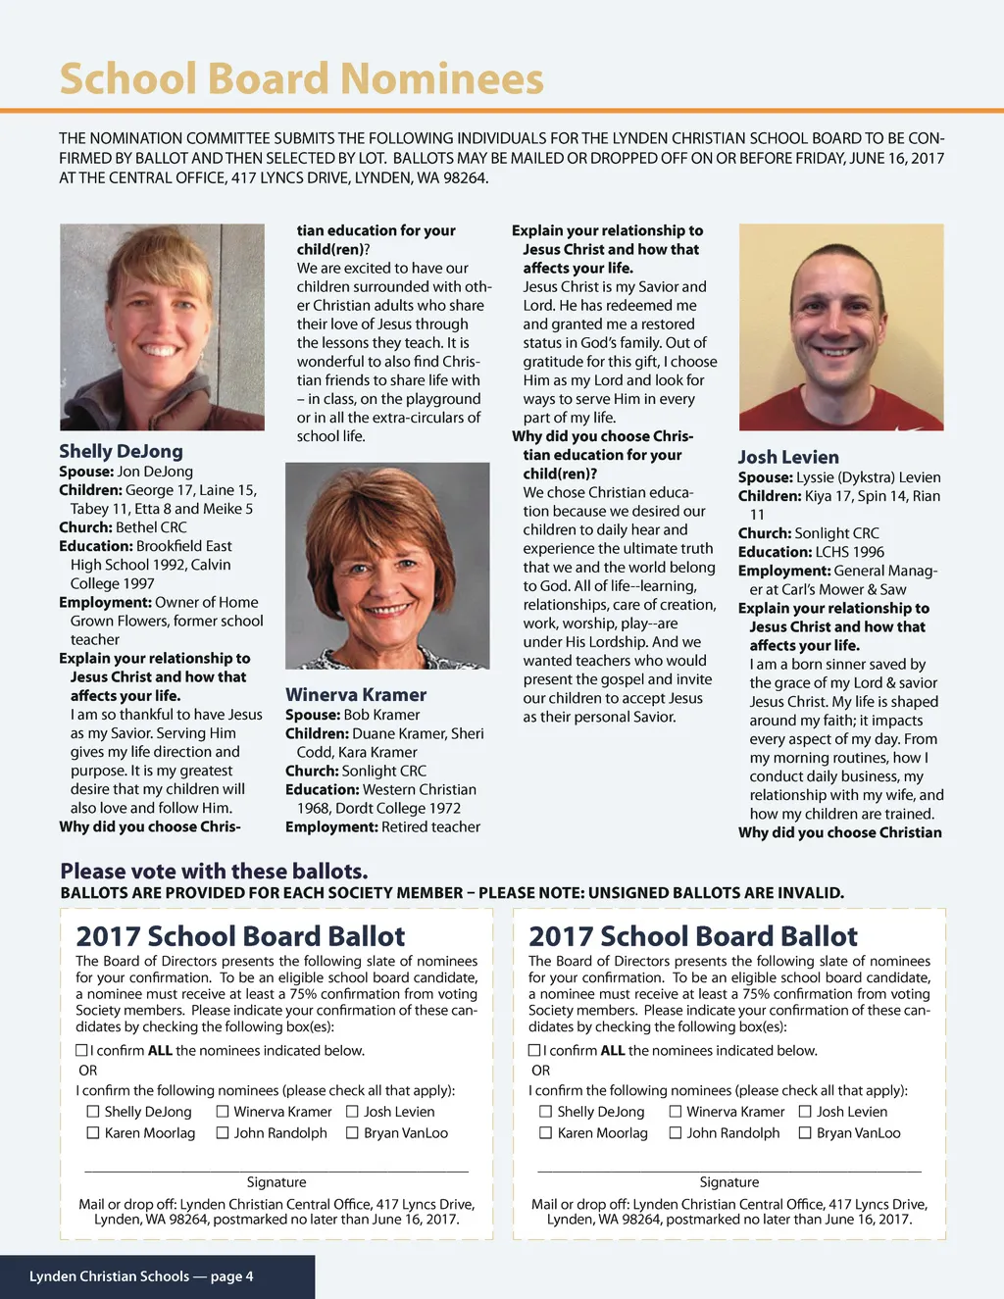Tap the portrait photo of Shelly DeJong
(162, 326)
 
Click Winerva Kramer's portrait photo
(387, 565)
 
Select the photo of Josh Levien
(841, 326)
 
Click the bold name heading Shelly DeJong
(121, 451)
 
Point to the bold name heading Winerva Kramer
(356, 694)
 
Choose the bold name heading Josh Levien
(788, 457)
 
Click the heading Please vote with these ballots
(214, 871)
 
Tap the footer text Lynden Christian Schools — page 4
(141, 1275)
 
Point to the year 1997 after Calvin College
(138, 583)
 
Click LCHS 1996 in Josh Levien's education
(849, 552)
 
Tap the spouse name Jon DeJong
(155, 472)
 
